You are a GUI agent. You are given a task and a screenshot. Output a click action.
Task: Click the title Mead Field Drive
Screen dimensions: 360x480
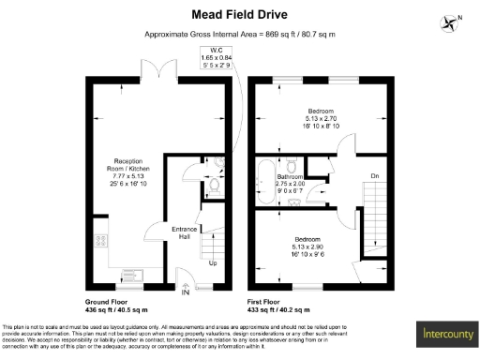[x=239, y=14]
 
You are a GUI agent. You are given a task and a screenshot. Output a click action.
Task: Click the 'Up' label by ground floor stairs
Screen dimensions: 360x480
[x=214, y=263]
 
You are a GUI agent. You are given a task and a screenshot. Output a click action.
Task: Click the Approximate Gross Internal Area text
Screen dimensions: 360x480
[x=239, y=34]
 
